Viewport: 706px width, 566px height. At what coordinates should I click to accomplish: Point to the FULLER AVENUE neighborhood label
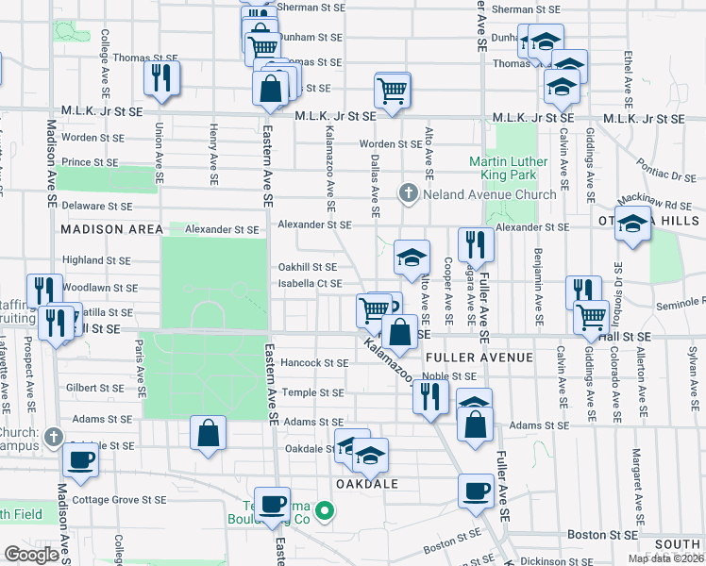coord(479,358)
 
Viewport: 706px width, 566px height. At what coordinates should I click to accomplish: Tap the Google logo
coord(31,555)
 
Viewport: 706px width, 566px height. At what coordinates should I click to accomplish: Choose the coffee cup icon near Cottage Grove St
coord(80,460)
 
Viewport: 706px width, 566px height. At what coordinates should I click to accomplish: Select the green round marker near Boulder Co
coord(325,513)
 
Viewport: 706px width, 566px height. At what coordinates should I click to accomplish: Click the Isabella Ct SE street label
coord(310,283)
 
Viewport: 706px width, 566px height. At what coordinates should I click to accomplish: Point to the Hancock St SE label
coord(314,362)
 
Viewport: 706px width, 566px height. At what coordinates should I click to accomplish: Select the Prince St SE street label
coord(90,162)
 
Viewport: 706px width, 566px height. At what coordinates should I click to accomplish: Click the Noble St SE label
coord(446,375)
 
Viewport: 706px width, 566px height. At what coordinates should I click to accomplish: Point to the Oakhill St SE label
coord(307,267)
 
